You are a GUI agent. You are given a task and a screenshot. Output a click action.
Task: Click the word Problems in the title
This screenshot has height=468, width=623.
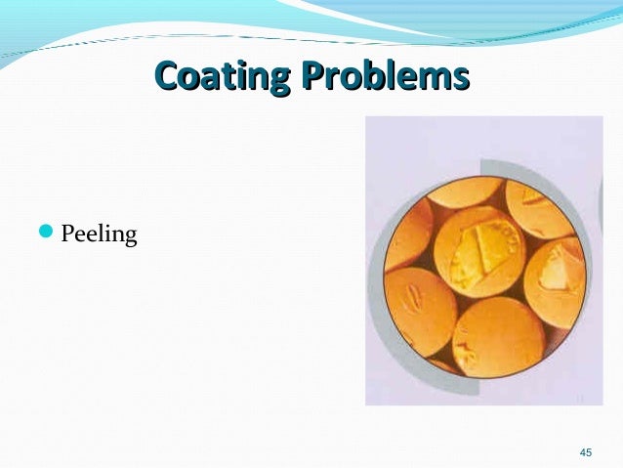391,74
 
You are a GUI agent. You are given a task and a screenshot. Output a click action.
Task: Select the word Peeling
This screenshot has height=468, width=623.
99,235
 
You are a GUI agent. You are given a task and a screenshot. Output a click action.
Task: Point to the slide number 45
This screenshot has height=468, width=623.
586,452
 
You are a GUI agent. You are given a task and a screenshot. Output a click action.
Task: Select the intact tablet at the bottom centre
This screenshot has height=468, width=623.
497,337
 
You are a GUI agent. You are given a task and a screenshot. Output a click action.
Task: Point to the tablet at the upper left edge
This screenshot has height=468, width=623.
408,234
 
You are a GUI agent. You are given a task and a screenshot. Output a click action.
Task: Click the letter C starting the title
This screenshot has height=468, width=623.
167,74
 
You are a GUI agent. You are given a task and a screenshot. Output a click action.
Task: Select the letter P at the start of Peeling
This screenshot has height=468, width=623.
67,234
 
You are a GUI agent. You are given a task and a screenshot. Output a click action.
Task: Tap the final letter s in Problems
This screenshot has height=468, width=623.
460,75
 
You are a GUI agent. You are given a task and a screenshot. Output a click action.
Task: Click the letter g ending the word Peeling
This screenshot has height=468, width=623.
131,238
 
